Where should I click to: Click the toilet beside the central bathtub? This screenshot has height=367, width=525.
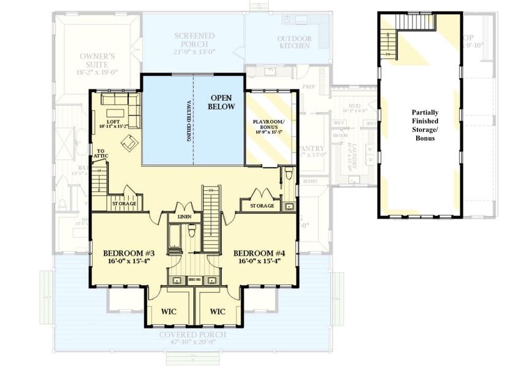pos(192,232)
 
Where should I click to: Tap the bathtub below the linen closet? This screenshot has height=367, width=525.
pos(175,239)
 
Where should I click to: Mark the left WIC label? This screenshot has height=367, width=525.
pos(169,311)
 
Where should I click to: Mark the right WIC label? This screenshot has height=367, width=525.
pos(218,311)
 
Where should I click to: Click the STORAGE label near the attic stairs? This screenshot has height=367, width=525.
pos(124,204)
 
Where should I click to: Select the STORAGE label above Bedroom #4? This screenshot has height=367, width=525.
pos(262,206)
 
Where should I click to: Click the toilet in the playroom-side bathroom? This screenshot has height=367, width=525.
pos(288,178)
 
